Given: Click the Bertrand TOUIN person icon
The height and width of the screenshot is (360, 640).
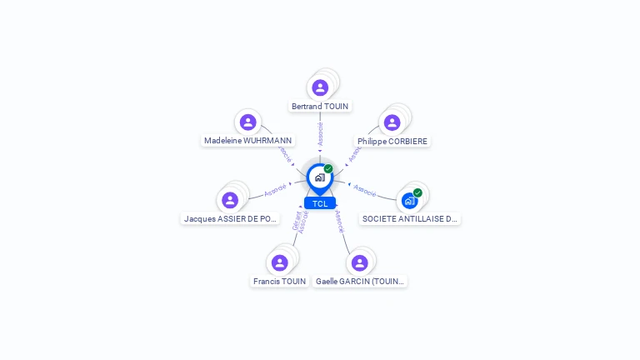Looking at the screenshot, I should click(320, 87).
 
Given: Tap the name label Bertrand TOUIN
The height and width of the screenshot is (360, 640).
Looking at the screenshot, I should click(320, 107).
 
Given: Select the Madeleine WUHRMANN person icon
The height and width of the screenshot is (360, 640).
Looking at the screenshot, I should click(247, 122).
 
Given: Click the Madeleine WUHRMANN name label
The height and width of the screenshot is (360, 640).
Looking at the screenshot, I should click(248, 141).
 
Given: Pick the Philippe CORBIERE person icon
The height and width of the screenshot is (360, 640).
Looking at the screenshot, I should click(392, 122).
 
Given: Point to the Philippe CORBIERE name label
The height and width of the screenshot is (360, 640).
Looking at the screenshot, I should click(392, 142).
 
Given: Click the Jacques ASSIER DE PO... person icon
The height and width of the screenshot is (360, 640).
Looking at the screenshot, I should click(230, 200).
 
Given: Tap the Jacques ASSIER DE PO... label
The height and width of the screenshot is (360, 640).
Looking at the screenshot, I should click(231, 218).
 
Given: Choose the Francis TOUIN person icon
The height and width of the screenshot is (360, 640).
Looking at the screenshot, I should click(279, 263).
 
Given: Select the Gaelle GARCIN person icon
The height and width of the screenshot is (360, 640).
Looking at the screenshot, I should click(359, 263).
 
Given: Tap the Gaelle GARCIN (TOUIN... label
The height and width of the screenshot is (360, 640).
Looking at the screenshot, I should click(360, 282).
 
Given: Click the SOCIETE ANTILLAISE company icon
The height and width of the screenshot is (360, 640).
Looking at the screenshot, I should click(409, 201).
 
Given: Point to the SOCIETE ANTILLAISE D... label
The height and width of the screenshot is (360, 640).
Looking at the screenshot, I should click(410, 218).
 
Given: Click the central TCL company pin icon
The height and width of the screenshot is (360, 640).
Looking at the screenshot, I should click(319, 177).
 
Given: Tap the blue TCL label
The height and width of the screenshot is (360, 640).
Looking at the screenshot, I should click(320, 203).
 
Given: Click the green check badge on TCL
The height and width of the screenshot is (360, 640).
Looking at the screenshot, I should click(328, 168).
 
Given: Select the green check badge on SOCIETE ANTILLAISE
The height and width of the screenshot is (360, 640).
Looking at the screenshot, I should click(417, 192).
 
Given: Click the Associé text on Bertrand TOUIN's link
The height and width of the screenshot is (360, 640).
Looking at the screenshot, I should click(320, 134).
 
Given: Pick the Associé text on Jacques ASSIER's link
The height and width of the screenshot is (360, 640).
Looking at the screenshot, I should click(275, 192).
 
